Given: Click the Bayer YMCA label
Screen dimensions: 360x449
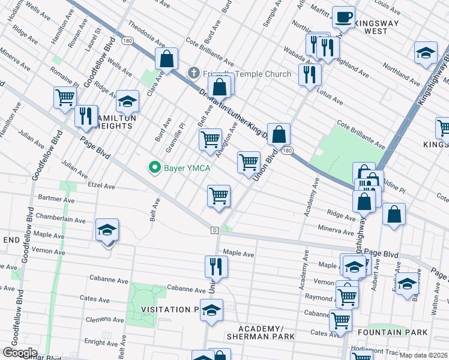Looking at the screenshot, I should click(187, 168).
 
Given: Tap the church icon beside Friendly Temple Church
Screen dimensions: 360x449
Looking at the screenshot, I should click(193, 74).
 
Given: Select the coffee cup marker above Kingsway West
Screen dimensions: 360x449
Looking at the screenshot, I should click(343, 17).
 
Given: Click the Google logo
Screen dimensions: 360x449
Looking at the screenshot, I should click(19, 353).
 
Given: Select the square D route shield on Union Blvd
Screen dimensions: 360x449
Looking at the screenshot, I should click(214, 230).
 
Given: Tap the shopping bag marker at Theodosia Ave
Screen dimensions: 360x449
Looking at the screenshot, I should click(167, 59).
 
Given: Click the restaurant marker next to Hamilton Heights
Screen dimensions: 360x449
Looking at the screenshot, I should click(86, 115).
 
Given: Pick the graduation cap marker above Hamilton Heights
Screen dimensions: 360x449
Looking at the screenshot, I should click(127, 102).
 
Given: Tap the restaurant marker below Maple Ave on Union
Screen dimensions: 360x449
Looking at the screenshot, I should click(215, 267).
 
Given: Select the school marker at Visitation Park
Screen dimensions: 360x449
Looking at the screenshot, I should click(211, 310).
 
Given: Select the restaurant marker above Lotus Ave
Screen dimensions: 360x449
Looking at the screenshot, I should click(310, 74).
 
